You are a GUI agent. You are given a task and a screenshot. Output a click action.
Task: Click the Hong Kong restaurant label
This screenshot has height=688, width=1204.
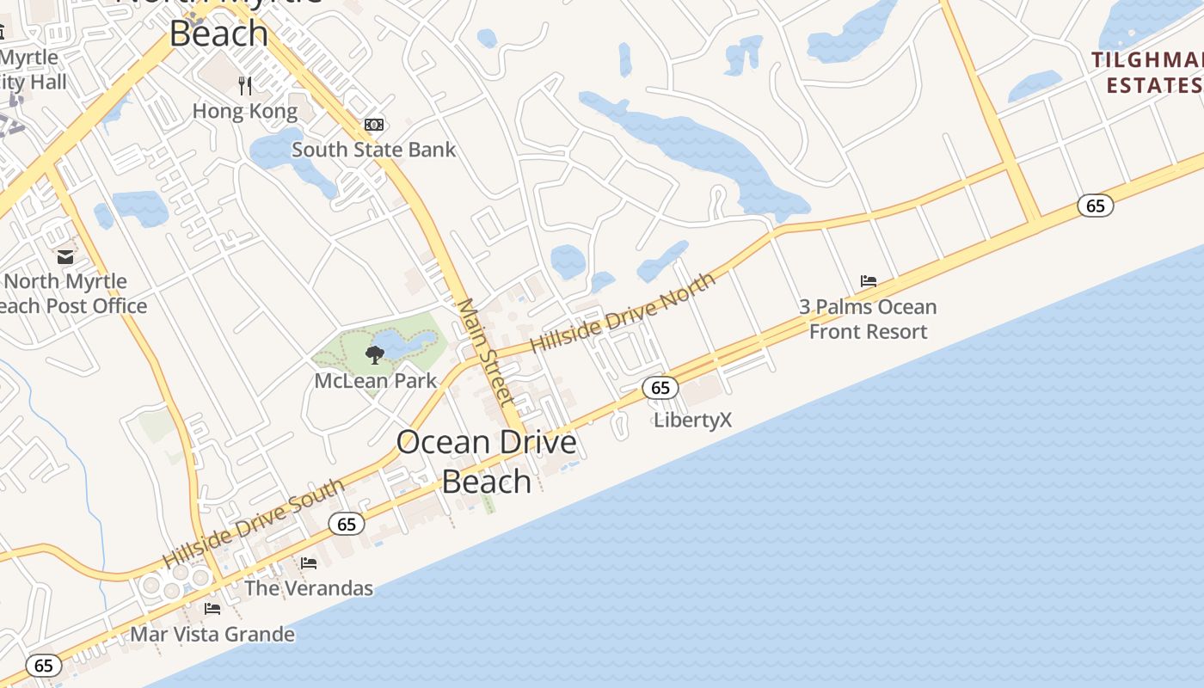pyautogui.click(x=245, y=111)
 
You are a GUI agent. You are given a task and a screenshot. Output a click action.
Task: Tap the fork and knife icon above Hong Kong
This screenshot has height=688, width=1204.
pyautogui.click(x=245, y=85)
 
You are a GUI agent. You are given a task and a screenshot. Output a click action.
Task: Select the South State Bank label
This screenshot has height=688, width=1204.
pyautogui.click(x=373, y=150)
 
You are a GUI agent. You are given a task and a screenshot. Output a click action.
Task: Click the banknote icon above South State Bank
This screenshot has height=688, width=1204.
pyautogui.click(x=373, y=125)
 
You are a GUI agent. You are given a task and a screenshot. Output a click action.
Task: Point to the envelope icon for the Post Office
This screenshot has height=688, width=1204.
pyautogui.click(x=65, y=256)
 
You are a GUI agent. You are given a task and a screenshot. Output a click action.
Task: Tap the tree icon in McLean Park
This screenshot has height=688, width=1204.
pyautogui.click(x=374, y=354)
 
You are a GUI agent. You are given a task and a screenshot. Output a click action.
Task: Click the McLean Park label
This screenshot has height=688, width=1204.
pyautogui.click(x=376, y=380)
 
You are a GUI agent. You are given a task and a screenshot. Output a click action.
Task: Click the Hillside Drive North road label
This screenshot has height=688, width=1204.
pyautogui.click(x=623, y=313)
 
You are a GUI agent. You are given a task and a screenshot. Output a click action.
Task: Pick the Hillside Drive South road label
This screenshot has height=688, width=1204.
pyautogui.click(x=254, y=524)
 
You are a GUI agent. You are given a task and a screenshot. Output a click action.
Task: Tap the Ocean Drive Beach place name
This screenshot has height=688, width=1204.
pyautogui.click(x=487, y=461)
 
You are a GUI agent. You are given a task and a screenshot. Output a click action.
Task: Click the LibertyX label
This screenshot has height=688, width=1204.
pyautogui.click(x=692, y=420)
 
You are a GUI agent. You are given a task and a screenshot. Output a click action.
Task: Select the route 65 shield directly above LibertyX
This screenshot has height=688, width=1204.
pyautogui.click(x=660, y=388)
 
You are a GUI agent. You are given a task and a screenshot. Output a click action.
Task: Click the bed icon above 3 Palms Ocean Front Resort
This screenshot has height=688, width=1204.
pyautogui.click(x=869, y=281)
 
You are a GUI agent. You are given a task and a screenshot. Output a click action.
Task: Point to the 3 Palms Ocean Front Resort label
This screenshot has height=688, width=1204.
pyautogui.click(x=868, y=319)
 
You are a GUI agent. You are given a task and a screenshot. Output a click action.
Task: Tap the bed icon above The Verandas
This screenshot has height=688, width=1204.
pyautogui.click(x=309, y=563)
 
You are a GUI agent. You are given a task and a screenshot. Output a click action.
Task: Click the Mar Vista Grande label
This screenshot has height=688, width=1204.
pyautogui.click(x=212, y=635)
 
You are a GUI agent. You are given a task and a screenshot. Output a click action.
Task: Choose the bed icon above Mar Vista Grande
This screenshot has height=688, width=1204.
pyautogui.click(x=212, y=609)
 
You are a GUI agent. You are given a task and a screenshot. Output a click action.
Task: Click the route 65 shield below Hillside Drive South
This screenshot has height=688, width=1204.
pyautogui.click(x=347, y=524)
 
